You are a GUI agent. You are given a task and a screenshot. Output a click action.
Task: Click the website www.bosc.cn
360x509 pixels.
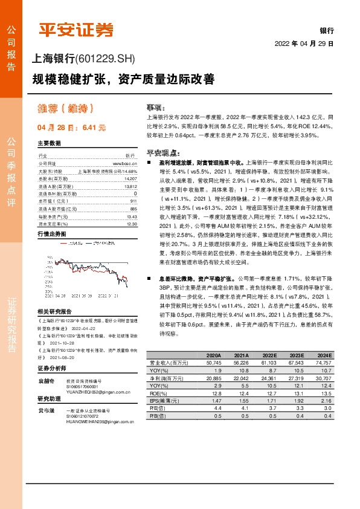coord(126,163)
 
